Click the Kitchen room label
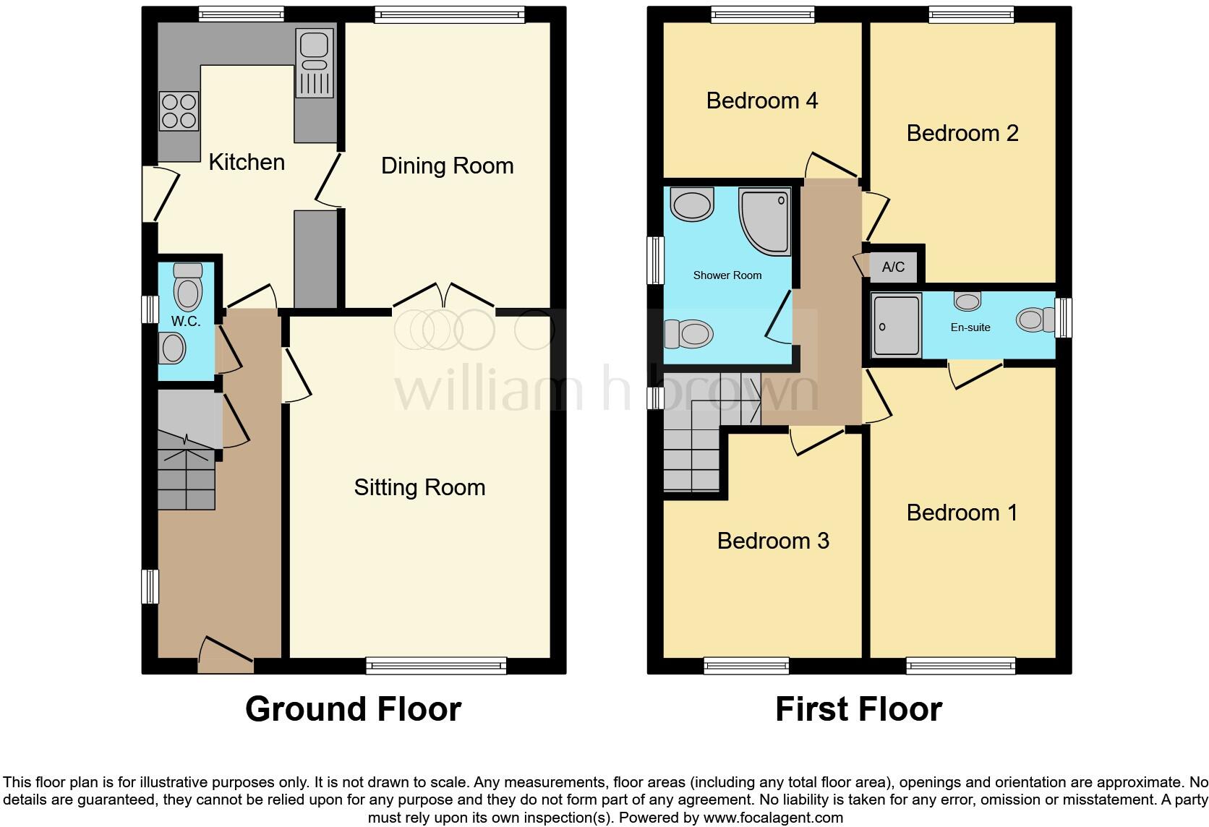(x=247, y=162)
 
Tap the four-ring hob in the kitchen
(x=179, y=111)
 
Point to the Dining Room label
(x=447, y=166)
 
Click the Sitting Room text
(x=419, y=487)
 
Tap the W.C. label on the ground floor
(x=186, y=322)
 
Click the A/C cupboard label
(x=893, y=267)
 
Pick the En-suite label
(x=970, y=327)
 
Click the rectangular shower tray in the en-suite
(x=897, y=325)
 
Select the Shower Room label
(x=727, y=275)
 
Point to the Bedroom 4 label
(x=761, y=100)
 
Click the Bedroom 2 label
(x=962, y=133)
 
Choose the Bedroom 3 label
(x=772, y=541)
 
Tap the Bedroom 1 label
(x=962, y=513)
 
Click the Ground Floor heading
(x=353, y=709)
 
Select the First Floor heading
(x=858, y=709)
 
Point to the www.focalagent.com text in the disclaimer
(x=773, y=818)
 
